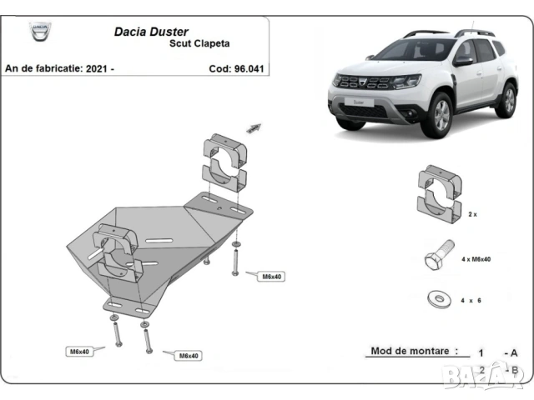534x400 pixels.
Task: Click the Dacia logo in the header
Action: click(x=39, y=33)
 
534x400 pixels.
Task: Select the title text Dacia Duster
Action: click(x=150, y=32)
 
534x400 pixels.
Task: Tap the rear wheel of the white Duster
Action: click(x=506, y=100)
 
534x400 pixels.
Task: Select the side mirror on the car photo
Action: click(x=463, y=59)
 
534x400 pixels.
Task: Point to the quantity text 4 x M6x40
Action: click(x=476, y=259)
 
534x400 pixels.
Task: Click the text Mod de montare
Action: click(x=414, y=351)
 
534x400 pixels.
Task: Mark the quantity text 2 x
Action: click(x=472, y=214)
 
